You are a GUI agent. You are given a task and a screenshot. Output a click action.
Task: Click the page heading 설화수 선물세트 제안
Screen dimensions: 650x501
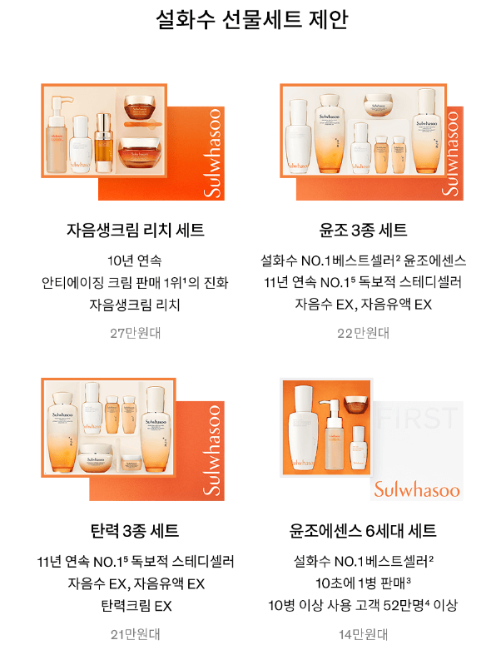tap(250, 20)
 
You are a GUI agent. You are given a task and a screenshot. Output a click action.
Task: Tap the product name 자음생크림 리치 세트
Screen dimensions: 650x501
tap(135, 230)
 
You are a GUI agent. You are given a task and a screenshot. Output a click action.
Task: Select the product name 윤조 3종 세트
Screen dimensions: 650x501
tap(364, 230)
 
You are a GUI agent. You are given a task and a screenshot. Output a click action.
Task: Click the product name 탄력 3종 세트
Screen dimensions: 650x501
tap(135, 531)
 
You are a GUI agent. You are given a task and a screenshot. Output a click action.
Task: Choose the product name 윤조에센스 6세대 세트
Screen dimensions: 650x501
tap(364, 531)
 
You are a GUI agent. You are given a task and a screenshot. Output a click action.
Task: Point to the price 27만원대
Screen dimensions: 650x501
tap(135, 333)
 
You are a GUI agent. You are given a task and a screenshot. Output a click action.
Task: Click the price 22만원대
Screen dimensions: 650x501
tap(364, 333)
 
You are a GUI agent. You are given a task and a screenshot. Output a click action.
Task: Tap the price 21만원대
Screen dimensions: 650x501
tap(135, 634)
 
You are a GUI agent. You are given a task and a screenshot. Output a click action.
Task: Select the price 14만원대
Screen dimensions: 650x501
tap(364, 634)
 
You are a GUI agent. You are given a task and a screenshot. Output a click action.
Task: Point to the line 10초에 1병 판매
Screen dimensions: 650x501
tap(364, 583)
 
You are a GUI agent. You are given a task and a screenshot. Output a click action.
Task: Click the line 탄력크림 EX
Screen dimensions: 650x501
tap(135, 606)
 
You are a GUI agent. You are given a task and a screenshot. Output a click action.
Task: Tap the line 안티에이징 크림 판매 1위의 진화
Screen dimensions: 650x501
tap(135, 282)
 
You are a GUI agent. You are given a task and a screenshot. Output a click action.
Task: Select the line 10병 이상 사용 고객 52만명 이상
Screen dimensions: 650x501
tap(364, 606)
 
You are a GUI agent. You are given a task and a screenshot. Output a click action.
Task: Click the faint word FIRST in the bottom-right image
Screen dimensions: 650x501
tap(417, 419)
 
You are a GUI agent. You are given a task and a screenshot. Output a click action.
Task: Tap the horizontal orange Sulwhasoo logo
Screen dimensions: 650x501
tap(416, 489)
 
